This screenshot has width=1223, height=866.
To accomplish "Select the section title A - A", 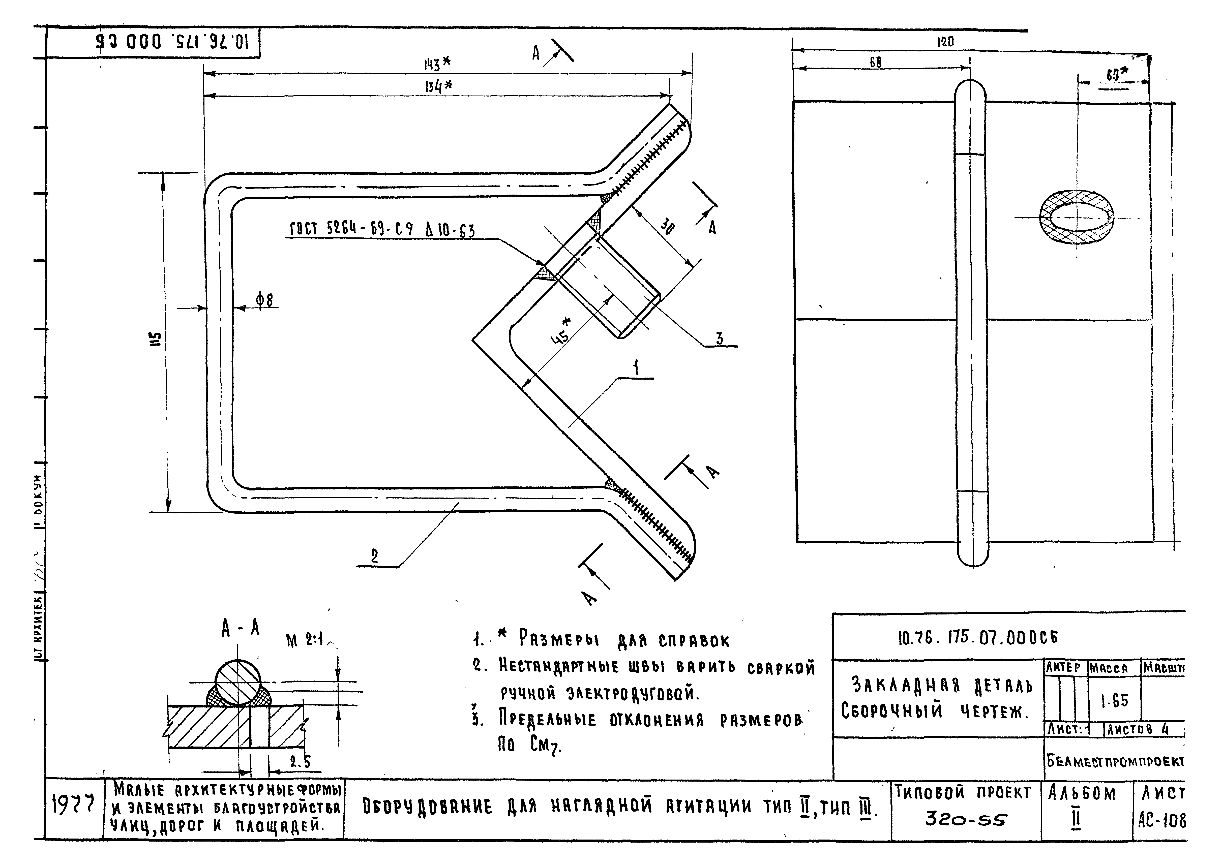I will (241, 629).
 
